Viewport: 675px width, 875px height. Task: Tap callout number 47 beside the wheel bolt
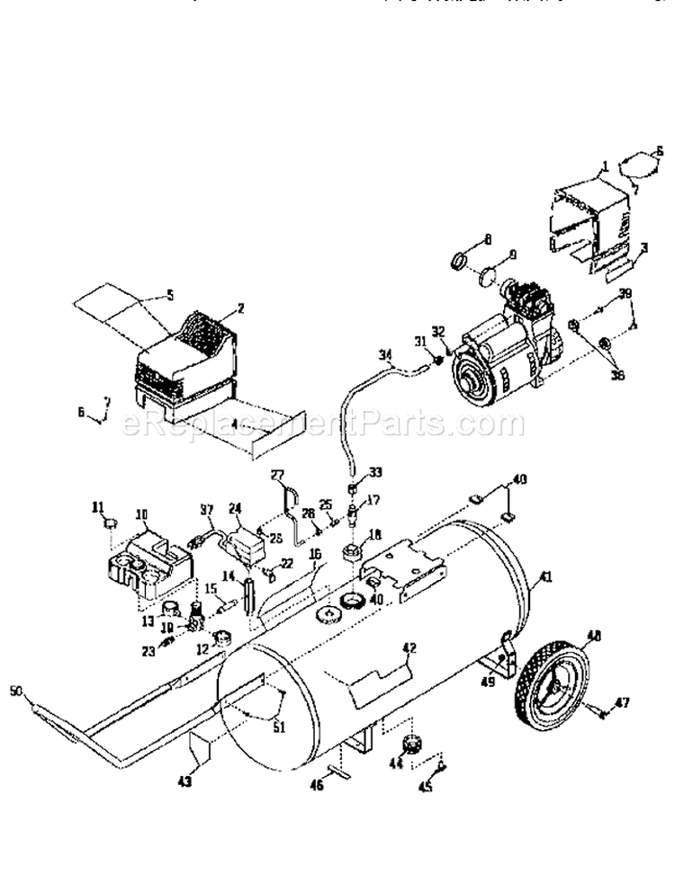(x=622, y=702)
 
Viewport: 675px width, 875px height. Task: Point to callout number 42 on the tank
(x=409, y=647)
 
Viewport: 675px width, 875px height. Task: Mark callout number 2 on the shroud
(x=239, y=308)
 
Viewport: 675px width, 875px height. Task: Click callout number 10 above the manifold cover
(x=142, y=514)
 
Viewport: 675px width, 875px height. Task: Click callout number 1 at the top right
(x=606, y=165)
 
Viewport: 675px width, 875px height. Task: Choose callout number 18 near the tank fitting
(x=373, y=532)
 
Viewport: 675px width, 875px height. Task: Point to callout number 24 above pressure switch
(x=237, y=505)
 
